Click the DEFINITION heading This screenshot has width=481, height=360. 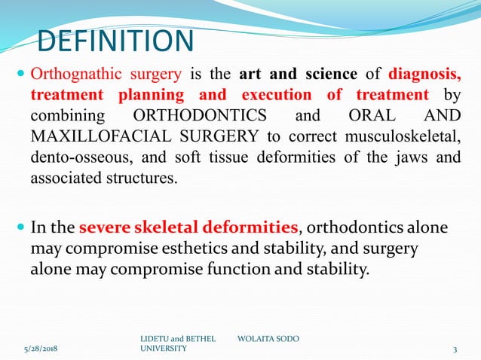click(115, 42)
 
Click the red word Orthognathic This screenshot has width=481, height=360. click(80, 75)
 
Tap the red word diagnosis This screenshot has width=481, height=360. click(424, 75)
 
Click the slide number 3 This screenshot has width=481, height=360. click(455, 349)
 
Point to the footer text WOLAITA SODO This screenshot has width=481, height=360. click(268, 339)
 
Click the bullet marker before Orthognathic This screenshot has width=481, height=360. click(20, 75)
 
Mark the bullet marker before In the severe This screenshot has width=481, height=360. click(20, 227)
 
